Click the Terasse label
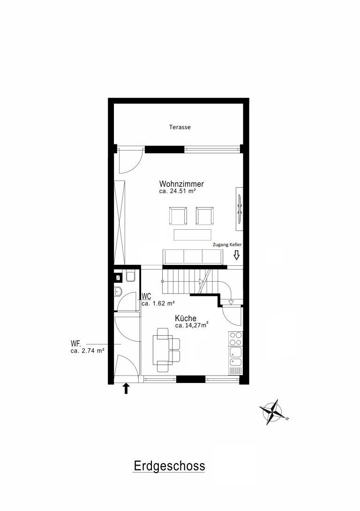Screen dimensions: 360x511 pos(180,127)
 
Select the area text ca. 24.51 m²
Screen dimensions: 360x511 pos(177,191)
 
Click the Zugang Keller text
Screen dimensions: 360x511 pos(227,245)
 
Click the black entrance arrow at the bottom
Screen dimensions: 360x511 pos(126,389)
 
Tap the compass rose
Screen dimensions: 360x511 pos(273,412)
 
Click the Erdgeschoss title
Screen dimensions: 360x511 pos(169,466)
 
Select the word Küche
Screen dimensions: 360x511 pos(186,318)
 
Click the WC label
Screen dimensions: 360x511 pos(147,297)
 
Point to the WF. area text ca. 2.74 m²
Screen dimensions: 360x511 pos(87,351)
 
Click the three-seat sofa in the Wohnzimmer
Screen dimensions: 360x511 pos(193,257)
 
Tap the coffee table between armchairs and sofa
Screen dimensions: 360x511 pos(193,235)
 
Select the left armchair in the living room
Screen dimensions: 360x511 pos(178,216)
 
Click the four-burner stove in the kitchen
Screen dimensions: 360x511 pos(236,339)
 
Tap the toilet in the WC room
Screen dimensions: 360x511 pos(131,276)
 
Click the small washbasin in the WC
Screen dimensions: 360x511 pos(118,291)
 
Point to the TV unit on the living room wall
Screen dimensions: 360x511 pos(240,209)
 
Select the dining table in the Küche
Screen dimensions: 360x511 pos(161,350)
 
